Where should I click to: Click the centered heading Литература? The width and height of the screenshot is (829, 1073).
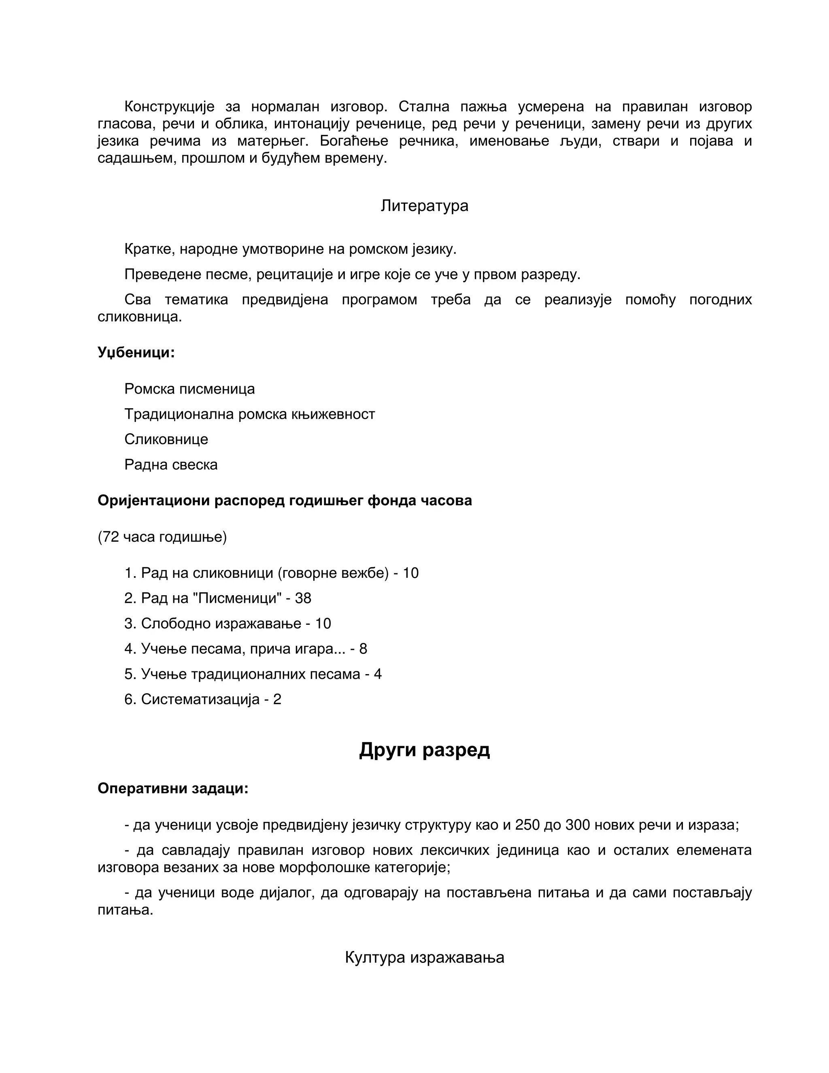[x=424, y=205]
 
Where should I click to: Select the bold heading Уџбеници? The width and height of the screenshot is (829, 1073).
[x=136, y=352]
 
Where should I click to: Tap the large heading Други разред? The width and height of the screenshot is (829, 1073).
[x=424, y=750]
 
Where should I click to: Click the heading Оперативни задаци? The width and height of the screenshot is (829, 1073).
[x=173, y=788]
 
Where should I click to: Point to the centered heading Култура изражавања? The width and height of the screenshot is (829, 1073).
[x=424, y=957]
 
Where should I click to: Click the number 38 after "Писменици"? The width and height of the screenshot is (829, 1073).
[x=303, y=598]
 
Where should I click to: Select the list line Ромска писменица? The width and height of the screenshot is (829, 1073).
[x=189, y=389]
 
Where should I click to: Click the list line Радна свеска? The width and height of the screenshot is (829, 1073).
[x=171, y=464]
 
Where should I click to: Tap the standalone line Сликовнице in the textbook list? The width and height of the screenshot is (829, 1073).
[x=166, y=439]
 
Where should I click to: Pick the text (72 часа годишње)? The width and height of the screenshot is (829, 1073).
[x=162, y=537]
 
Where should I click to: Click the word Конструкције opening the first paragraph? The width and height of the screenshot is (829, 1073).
[x=170, y=106]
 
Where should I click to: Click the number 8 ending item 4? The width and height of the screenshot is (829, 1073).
[x=363, y=649]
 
